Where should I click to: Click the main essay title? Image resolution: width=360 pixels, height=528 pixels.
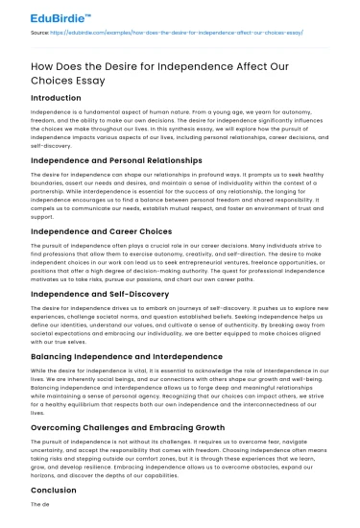[x=136, y=71]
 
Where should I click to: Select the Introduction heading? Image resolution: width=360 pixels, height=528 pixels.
[x=56, y=98]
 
